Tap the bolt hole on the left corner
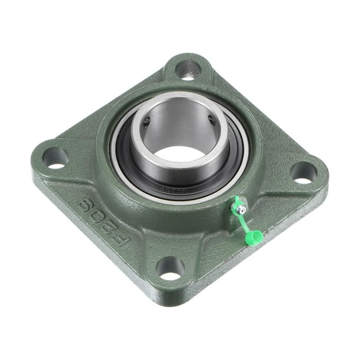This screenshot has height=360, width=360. point(55,158)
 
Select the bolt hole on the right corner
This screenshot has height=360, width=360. point(304,172)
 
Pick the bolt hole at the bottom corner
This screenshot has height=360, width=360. point(170,268)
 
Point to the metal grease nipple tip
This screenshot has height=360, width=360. point(241,203)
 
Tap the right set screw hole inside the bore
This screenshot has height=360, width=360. point(210,121)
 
